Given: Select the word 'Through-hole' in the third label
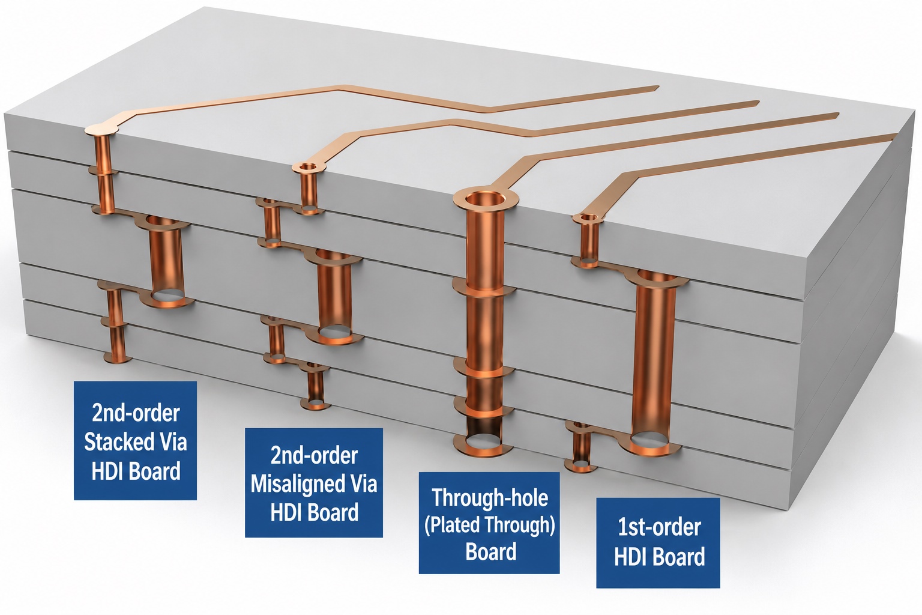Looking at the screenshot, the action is (490, 498).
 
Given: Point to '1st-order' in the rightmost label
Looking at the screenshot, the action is (659, 527).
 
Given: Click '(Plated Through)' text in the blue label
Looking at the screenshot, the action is (489, 525).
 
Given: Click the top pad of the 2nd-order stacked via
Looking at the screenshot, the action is (101, 129).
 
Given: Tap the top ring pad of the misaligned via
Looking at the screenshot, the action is (309, 167).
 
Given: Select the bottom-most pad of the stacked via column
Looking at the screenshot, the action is (117, 357).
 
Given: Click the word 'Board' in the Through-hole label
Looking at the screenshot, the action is (490, 552).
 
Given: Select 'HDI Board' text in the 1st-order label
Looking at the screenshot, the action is (660, 557).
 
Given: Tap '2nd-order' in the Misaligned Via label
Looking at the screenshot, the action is (314, 455).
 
